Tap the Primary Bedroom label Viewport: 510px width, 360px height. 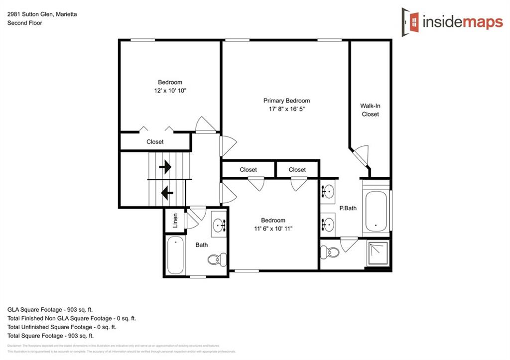(x=286, y=101)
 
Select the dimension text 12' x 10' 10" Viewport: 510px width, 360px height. (x=170, y=91)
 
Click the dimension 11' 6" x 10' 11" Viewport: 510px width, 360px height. (x=273, y=229)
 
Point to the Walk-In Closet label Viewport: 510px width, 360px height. (x=370, y=110)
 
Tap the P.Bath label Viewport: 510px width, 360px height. (x=348, y=209)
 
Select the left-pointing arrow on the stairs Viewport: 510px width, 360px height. (x=167, y=191)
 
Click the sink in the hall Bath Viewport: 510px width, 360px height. (x=219, y=226)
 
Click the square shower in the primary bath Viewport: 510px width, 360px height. (x=378, y=254)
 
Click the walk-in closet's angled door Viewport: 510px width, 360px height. (x=359, y=157)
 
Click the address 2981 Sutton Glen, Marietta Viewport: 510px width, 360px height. (x=42, y=14)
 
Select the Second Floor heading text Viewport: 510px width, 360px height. (x=24, y=23)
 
